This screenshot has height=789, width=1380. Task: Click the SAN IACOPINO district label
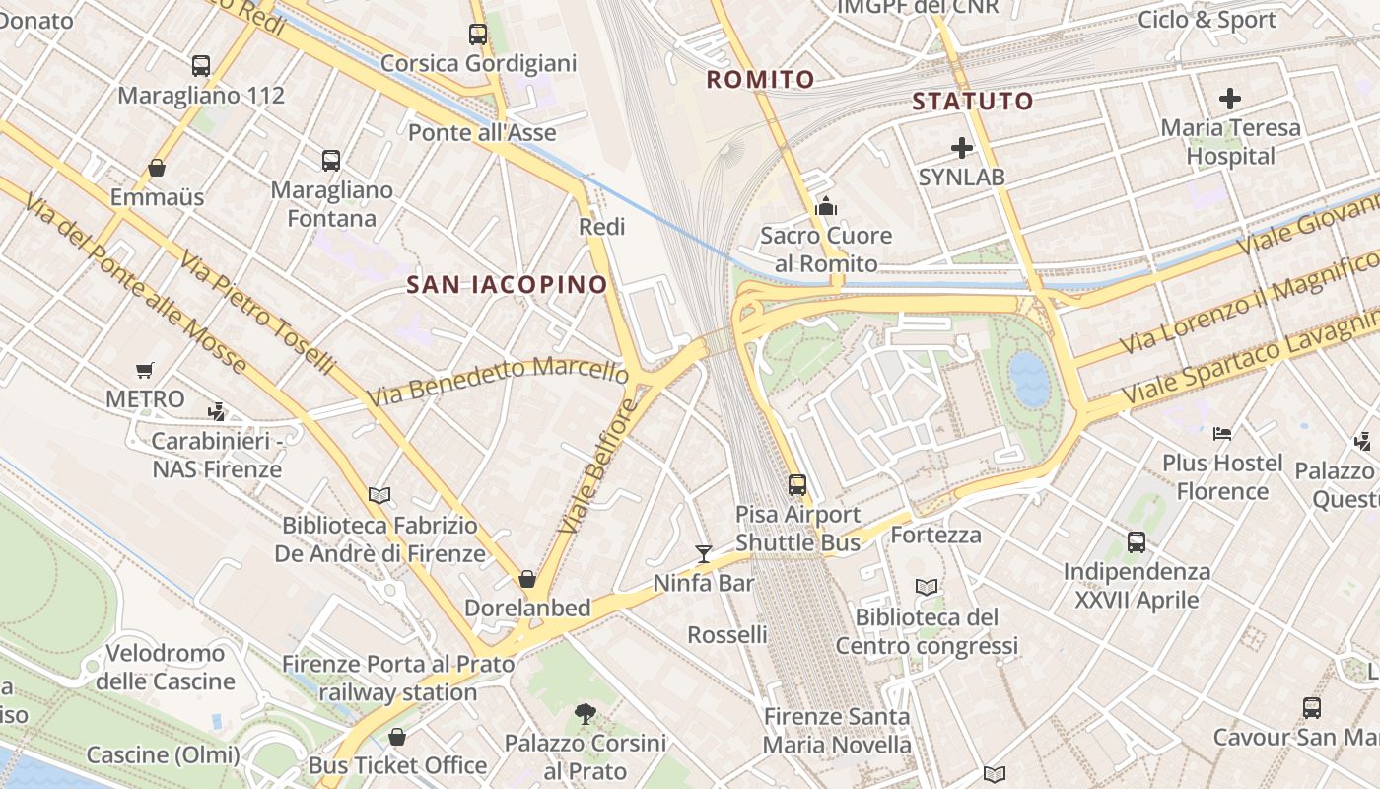coord(508,285)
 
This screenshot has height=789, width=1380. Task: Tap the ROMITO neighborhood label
coord(761,80)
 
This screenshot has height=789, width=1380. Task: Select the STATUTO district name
coord(972,101)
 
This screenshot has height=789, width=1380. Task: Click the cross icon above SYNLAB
coord(962,149)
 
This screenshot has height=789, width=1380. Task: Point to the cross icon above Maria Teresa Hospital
coord(1229,99)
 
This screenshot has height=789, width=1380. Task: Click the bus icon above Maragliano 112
coord(201,66)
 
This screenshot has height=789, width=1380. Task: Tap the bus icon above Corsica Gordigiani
coord(478,35)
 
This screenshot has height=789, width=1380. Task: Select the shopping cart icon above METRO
coord(145,371)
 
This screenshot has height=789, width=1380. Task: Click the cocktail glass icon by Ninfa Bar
coord(703,553)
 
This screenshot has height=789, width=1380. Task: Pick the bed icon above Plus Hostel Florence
coord(1222,433)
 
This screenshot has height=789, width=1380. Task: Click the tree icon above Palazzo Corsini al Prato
coord(586,713)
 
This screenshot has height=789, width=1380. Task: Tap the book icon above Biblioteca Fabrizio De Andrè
coord(379,495)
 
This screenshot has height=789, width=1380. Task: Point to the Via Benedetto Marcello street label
coord(497,382)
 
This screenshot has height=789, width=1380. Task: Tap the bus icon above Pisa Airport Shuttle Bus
coord(797,485)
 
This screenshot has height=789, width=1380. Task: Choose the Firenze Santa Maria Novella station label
coord(838,730)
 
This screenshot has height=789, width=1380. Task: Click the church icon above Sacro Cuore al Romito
coord(826,206)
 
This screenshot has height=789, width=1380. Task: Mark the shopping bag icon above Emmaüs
coord(157,168)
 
